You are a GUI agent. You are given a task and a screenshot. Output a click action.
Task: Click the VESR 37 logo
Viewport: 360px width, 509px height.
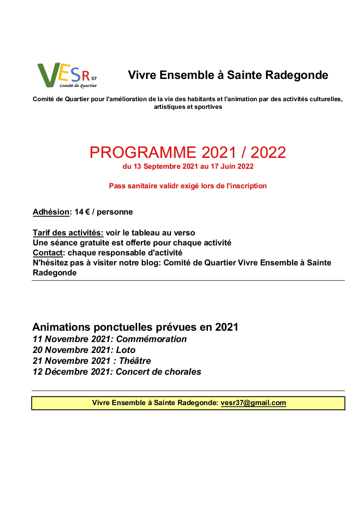pyautogui.click(x=67, y=75)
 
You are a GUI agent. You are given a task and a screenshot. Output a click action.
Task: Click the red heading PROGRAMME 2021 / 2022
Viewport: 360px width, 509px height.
pyautogui.click(x=187, y=152)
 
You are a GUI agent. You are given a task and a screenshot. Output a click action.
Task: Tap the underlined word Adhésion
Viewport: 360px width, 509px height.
pyautogui.click(x=51, y=212)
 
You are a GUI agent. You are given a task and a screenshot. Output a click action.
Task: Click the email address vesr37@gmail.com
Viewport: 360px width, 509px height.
pyautogui.click(x=253, y=403)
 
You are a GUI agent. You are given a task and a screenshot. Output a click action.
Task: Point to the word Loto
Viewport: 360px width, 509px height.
pyautogui.click(x=126, y=350)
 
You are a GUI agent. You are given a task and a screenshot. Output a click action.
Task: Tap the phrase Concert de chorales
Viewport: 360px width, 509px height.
pyautogui.click(x=158, y=372)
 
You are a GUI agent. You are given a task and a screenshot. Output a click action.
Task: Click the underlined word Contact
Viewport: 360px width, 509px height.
pyautogui.click(x=47, y=253)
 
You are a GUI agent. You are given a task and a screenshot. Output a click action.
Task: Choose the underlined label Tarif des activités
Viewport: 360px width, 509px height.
pyautogui.click(x=68, y=233)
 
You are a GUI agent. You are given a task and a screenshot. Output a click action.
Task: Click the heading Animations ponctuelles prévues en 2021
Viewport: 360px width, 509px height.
pyautogui.click(x=135, y=327)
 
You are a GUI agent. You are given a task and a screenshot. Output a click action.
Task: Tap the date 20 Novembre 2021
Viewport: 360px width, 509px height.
pyautogui.click(x=72, y=350)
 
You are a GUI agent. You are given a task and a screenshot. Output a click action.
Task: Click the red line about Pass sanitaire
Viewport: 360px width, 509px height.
pyautogui.click(x=187, y=186)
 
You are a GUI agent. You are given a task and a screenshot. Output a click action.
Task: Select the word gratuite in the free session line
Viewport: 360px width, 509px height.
pyautogui.click(x=93, y=243)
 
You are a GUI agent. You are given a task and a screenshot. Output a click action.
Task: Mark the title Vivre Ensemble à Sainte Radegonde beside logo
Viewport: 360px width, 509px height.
pyautogui.click(x=228, y=75)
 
